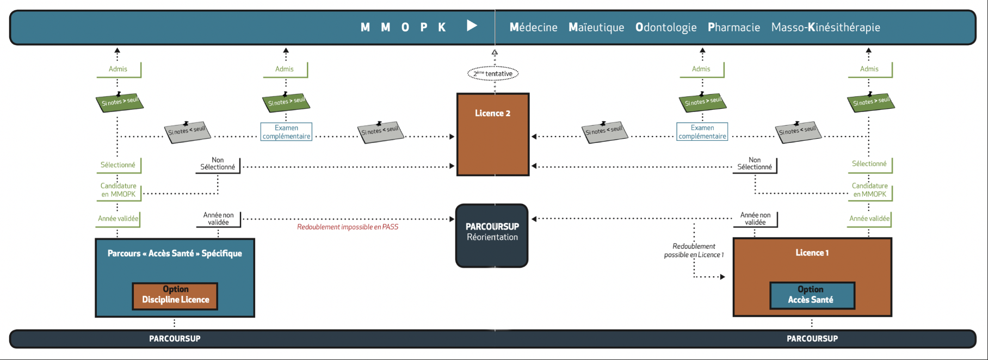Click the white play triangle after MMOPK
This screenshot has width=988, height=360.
point(472,26)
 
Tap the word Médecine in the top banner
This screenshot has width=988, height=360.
point(533,27)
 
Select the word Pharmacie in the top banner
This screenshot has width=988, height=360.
point(733,27)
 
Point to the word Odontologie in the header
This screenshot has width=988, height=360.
point(665,27)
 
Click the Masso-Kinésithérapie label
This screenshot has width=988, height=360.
point(825,27)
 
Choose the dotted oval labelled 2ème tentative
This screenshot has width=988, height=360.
point(493,73)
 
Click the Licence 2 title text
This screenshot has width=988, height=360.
point(492,113)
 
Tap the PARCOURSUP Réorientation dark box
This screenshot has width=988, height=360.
point(492,235)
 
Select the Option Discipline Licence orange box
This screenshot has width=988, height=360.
point(175,295)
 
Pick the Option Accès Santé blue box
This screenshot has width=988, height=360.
point(812,295)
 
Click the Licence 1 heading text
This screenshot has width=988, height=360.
point(812,253)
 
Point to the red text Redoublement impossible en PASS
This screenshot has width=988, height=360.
point(348,227)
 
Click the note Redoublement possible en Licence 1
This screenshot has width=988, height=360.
point(694,251)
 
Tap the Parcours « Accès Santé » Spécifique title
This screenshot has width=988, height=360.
point(175,253)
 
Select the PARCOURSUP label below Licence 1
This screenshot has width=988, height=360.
point(812,338)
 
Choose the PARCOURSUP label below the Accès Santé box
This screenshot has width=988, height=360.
point(175,338)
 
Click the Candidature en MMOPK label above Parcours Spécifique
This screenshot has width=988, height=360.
point(119,190)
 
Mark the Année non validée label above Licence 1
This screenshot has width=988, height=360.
point(755,219)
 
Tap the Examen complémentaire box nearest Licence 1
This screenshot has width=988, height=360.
point(702,132)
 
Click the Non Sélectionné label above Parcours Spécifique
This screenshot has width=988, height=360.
point(218,164)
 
